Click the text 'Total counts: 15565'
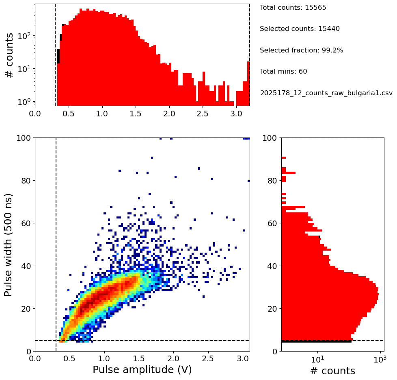[287, 8]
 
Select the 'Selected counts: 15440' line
[300, 29]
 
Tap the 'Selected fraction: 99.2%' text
[301, 50]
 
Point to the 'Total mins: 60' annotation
[283, 72]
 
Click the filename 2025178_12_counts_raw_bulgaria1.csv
[326, 93]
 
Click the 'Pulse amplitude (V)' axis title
[142, 369]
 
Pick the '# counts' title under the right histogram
[332, 371]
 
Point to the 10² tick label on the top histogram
[25, 36]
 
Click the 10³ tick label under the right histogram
[380, 360]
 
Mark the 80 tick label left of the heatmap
[25, 181]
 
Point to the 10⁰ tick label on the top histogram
[25, 101]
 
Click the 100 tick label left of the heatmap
[23, 138]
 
